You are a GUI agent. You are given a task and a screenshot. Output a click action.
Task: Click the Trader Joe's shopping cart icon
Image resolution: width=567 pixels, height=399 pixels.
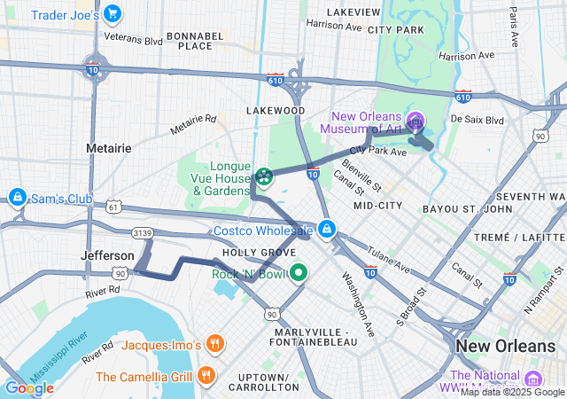coord(112,14)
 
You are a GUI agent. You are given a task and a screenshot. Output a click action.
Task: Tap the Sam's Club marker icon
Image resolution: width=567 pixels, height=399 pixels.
coord(17,196)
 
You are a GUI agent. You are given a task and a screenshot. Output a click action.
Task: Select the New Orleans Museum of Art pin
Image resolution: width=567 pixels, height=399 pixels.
coord(416,121)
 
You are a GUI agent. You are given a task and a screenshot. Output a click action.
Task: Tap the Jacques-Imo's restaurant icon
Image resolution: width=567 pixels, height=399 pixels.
coord(214,343)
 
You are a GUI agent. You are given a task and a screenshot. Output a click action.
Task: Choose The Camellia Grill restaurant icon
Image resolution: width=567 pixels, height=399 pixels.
coord(206,375)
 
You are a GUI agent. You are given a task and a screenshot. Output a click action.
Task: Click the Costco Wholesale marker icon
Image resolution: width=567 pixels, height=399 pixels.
coord(327,230)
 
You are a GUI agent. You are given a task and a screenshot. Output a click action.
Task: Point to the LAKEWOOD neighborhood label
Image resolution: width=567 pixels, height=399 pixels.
coord(276,111)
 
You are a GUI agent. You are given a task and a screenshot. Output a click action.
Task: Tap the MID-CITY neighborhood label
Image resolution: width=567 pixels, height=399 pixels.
coord(377,205)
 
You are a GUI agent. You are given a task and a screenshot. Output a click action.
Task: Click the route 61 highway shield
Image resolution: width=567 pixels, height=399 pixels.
coord(113,207)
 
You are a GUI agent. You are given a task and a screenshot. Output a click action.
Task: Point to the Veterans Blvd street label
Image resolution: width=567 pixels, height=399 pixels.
coord(133,39)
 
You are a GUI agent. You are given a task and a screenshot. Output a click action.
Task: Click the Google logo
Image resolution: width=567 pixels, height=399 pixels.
coord(28,387)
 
